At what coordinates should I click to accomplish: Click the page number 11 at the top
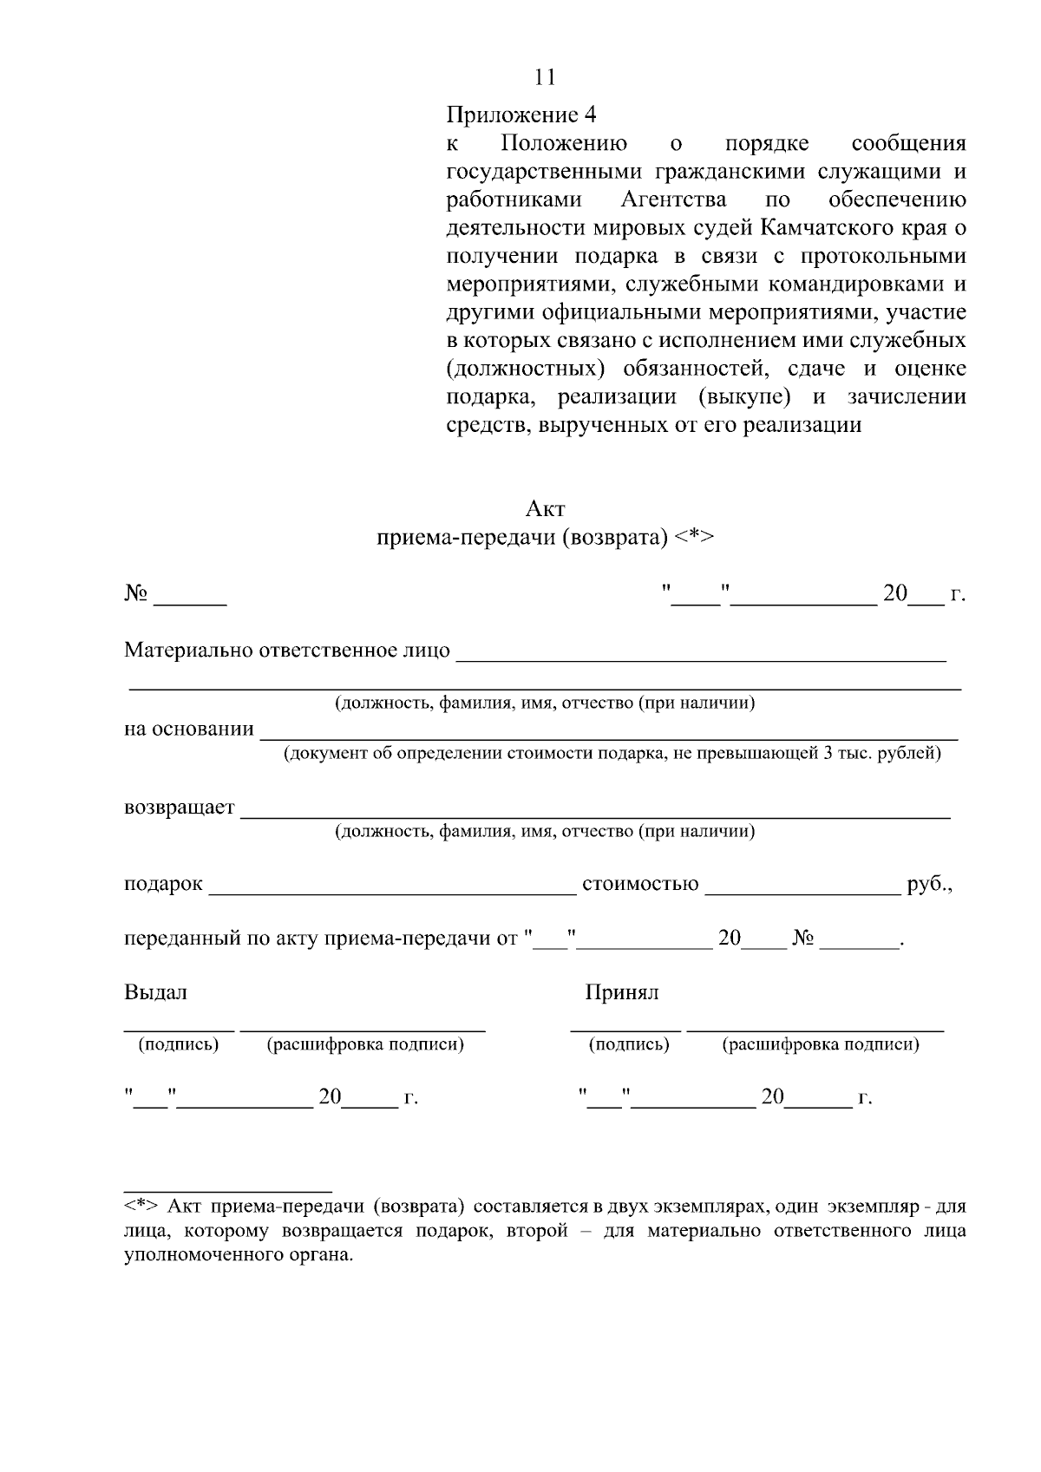click(545, 77)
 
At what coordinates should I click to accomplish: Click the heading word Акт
click(546, 508)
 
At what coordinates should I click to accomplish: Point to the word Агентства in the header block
click(673, 200)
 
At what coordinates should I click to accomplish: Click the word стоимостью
click(640, 884)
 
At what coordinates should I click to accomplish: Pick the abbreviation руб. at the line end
click(929, 884)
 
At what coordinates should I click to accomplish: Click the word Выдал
click(155, 992)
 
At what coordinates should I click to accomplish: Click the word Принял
click(621, 992)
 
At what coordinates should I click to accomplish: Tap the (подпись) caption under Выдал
click(179, 1044)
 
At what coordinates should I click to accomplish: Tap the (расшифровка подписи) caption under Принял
click(820, 1044)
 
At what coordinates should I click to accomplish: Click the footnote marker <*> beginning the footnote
click(141, 1207)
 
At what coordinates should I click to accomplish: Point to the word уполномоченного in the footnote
click(193, 1255)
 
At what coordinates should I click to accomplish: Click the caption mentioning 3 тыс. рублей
click(612, 753)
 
